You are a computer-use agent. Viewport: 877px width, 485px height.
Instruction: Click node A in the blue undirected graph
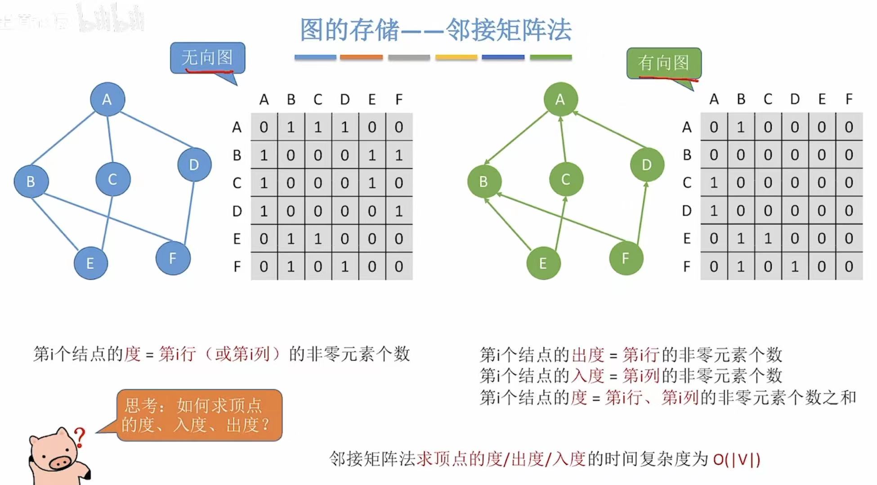point(107,99)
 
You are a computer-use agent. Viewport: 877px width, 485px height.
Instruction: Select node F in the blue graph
point(173,258)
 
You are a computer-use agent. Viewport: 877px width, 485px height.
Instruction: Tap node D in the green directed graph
point(646,165)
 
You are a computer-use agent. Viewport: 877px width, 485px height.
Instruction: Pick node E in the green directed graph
point(543,263)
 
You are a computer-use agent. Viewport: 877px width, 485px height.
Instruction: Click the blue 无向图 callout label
point(207,58)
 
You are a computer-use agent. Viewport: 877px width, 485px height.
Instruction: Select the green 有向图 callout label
point(663,63)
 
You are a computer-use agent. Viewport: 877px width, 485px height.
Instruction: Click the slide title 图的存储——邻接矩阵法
point(435,30)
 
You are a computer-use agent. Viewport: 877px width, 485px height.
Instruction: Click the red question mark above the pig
point(80,436)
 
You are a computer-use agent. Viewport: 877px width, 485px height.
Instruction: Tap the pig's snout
point(60,462)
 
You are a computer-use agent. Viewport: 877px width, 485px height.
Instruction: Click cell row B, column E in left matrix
point(372,155)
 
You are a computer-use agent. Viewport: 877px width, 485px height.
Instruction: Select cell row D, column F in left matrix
point(399,211)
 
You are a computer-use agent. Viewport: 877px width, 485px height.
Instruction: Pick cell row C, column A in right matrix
point(714,182)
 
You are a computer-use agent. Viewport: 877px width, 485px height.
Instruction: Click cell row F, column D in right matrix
point(795,267)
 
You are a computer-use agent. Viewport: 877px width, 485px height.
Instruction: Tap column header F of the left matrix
point(399,99)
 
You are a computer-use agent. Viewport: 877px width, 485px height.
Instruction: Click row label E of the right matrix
point(687,239)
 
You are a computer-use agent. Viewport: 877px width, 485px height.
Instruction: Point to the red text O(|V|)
point(736,459)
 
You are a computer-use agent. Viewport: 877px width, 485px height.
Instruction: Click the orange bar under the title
point(361,58)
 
